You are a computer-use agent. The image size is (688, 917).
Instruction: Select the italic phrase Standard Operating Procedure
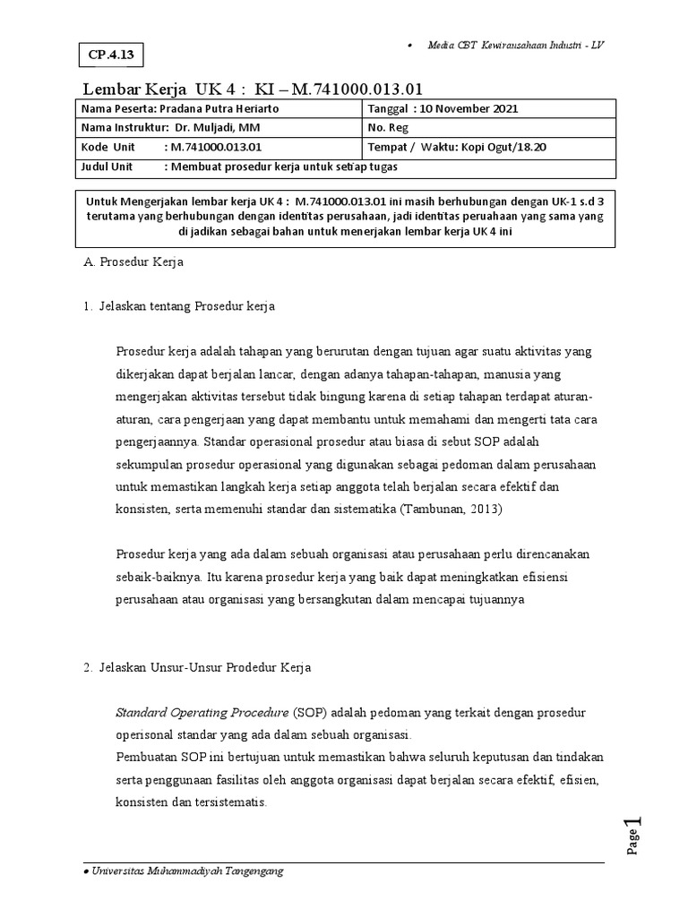tap(201, 712)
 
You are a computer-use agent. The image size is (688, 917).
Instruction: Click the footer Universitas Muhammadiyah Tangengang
tap(186, 871)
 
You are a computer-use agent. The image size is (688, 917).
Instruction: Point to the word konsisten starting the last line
tap(142, 801)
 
